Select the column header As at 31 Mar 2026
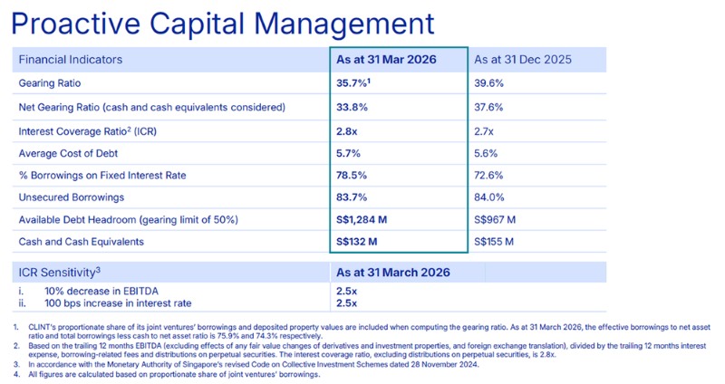click(386, 60)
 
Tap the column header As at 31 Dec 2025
click(524, 60)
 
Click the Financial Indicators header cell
click(71, 60)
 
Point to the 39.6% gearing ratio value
click(490, 83)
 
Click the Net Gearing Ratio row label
click(151, 107)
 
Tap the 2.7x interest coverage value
click(486, 130)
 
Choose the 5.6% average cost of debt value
click(488, 152)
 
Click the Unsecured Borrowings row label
click(72, 197)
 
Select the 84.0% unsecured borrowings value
click(490, 197)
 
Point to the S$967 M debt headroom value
click(496, 219)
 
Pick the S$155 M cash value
click(495, 242)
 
